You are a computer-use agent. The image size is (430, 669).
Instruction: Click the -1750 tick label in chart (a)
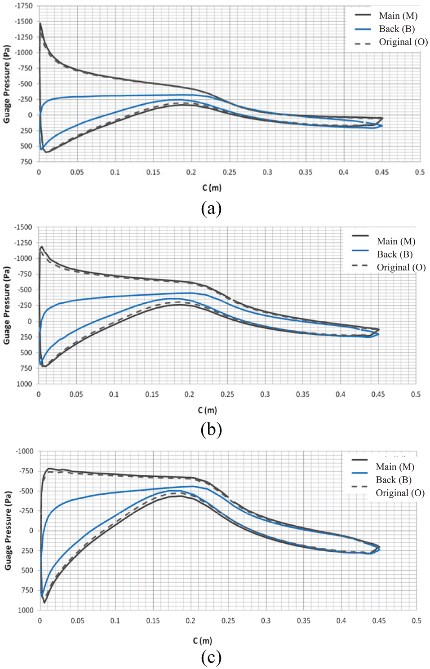coord(24,6)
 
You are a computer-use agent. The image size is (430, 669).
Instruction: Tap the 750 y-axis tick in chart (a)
coord(27,162)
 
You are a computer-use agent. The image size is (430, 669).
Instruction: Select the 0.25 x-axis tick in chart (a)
coord(229,172)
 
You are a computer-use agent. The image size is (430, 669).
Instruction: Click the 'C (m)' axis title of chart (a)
coord(212,187)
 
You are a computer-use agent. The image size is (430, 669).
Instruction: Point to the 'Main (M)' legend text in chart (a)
coord(398,16)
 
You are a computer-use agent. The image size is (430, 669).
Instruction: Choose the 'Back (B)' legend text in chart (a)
coord(397,29)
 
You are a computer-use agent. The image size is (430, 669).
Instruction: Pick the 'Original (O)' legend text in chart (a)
coord(403,42)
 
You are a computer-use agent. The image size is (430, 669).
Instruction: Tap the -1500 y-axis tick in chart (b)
coord(23,227)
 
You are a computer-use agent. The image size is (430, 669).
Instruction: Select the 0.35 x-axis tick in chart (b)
coord(302,394)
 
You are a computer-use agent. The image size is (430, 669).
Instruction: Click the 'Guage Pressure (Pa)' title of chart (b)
coord(7,305)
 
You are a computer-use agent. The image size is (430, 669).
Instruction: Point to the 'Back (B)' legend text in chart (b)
coord(395,254)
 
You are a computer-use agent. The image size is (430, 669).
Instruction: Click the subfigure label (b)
coord(212,430)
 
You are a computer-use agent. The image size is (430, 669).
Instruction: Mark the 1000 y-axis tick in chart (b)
coord(24,384)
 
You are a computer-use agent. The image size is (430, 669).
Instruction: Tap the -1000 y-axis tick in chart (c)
coord(25,451)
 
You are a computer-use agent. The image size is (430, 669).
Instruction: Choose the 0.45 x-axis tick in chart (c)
coord(379,620)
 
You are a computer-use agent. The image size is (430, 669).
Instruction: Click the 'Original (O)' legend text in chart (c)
coord(400,492)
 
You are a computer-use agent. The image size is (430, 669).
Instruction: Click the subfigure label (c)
coord(212,657)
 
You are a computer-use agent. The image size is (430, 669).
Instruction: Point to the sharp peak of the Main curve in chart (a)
coord(40,23)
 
